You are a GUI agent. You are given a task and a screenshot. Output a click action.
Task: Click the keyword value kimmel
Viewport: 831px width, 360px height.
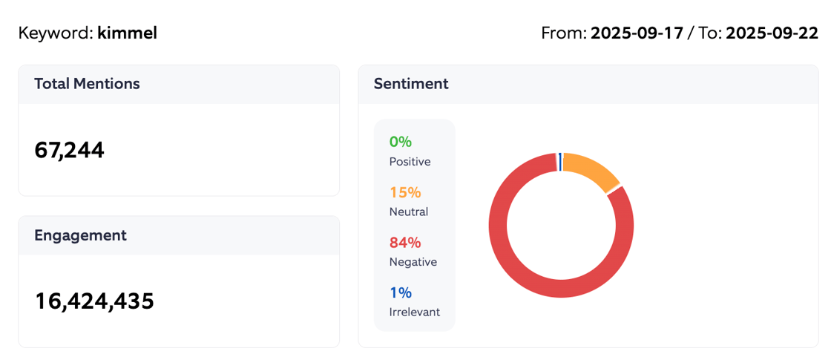tap(127, 33)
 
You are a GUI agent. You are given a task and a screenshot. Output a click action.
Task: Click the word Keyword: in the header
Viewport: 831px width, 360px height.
tap(56, 33)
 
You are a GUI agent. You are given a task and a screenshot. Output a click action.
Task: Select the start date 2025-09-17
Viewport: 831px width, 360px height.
tap(637, 33)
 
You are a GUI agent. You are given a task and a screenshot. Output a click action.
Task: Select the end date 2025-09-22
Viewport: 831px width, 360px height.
tap(772, 33)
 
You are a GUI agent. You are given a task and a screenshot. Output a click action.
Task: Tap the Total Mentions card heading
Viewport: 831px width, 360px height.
tap(87, 84)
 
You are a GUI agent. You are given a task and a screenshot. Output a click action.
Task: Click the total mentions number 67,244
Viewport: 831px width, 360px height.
tap(70, 150)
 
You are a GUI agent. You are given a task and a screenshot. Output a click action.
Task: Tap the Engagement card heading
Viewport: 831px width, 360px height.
tap(80, 235)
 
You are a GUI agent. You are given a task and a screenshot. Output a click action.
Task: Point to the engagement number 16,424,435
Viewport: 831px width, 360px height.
tap(94, 301)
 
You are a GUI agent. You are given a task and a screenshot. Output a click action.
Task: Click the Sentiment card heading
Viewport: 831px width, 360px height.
tap(411, 84)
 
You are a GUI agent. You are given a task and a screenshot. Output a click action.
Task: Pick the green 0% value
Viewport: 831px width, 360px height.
tap(401, 142)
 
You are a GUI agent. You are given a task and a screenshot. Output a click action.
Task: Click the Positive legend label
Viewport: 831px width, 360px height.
tap(410, 162)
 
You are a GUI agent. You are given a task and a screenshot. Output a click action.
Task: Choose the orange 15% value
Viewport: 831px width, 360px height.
tap(405, 192)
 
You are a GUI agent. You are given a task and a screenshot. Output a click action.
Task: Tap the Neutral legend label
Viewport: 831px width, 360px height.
tap(408, 212)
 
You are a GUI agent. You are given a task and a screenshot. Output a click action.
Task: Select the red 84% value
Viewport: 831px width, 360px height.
tap(405, 243)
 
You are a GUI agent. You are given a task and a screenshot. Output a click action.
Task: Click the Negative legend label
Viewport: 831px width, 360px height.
tap(413, 262)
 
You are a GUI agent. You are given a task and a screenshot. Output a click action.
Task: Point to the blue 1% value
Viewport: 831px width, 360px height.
tap(400, 293)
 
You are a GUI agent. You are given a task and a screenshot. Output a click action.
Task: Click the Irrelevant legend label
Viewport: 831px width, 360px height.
tap(414, 312)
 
